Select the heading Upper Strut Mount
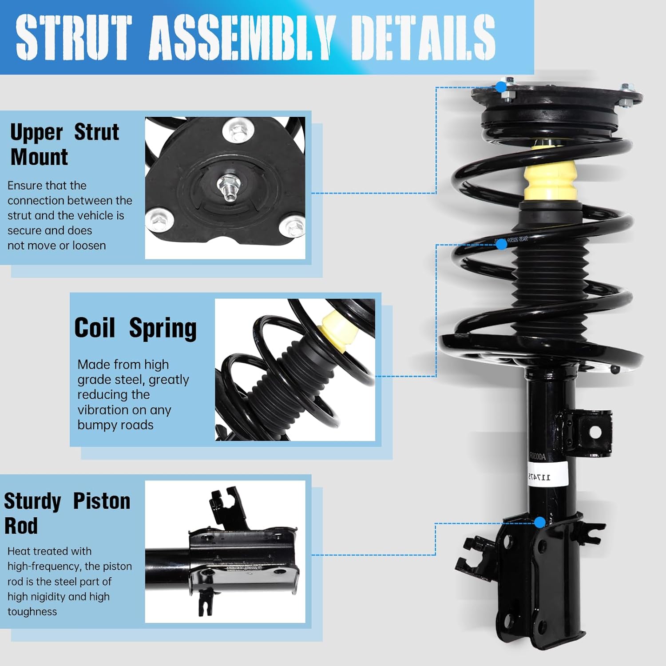click(64, 144)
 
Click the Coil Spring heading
click(135, 328)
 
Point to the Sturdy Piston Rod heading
click(67, 513)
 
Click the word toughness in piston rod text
click(32, 611)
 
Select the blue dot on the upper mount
click(501, 87)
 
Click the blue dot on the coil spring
click(502, 244)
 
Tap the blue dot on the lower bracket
click(539, 522)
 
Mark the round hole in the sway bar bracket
click(595, 432)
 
